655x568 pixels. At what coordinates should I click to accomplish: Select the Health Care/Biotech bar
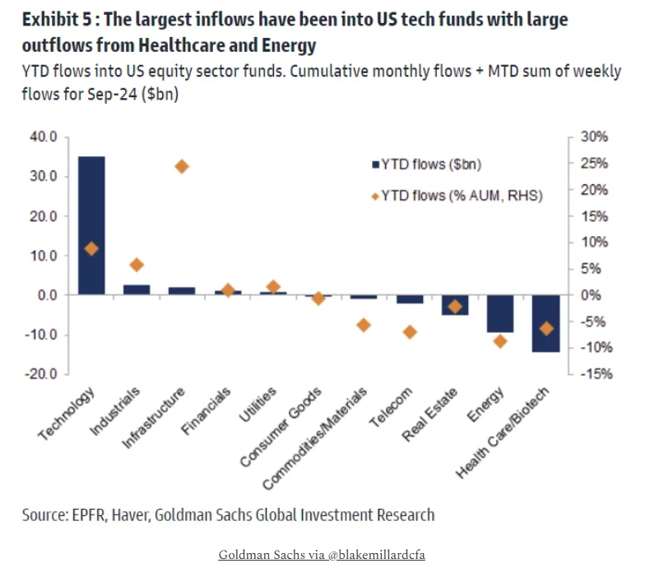[x=545, y=323]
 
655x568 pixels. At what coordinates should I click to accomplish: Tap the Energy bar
[x=499, y=314]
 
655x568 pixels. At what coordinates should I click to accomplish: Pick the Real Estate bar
[x=454, y=305]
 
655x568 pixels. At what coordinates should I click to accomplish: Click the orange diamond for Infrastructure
[x=182, y=166]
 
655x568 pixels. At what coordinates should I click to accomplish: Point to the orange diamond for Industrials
[x=137, y=265]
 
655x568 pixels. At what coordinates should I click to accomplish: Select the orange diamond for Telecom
[x=410, y=332]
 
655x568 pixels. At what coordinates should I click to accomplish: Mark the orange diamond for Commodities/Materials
[x=364, y=325]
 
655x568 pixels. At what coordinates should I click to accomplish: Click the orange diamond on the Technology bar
[x=91, y=249]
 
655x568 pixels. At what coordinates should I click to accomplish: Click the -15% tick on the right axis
[x=595, y=374]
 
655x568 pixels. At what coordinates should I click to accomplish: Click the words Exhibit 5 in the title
[x=58, y=19]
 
